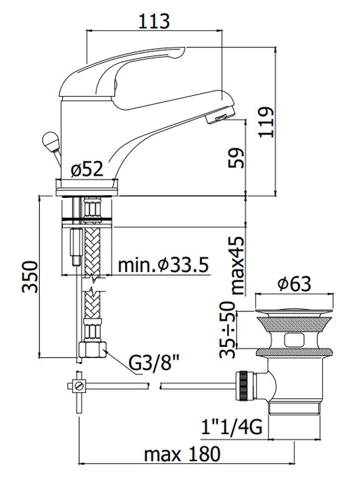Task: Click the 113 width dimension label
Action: click(x=154, y=21)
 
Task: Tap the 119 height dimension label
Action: click(x=266, y=122)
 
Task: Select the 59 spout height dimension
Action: click(x=237, y=158)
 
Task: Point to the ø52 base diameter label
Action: click(x=87, y=169)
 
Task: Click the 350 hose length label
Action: click(x=30, y=277)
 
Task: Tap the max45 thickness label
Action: click(x=238, y=265)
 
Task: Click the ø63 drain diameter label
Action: click(x=294, y=284)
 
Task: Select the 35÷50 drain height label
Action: click(x=228, y=330)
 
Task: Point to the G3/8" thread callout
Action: click(x=155, y=363)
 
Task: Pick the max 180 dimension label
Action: click(x=182, y=454)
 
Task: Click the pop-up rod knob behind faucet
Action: click(x=50, y=140)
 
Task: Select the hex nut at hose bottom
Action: click(x=93, y=349)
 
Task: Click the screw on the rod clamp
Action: click(x=80, y=386)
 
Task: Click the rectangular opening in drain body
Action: click(x=294, y=340)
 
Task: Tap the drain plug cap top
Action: click(x=294, y=312)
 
